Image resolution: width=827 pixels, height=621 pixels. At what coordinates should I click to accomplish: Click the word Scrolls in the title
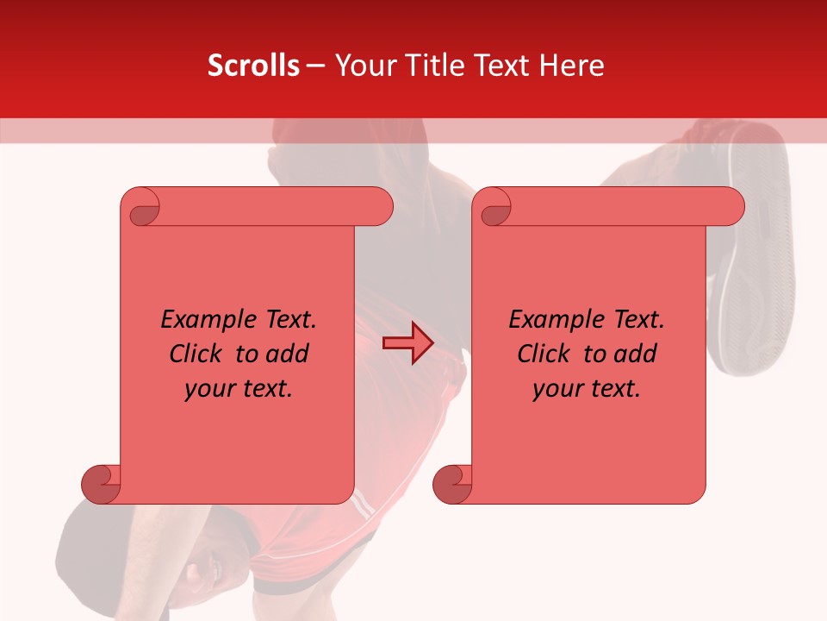point(253,66)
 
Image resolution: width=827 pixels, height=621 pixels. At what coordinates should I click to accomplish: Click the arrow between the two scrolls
point(407,343)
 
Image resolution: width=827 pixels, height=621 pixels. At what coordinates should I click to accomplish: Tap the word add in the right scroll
point(636,354)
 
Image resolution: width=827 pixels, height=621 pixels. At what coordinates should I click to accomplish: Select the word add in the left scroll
point(288,354)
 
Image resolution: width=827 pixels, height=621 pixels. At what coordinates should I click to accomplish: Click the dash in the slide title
point(315,66)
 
